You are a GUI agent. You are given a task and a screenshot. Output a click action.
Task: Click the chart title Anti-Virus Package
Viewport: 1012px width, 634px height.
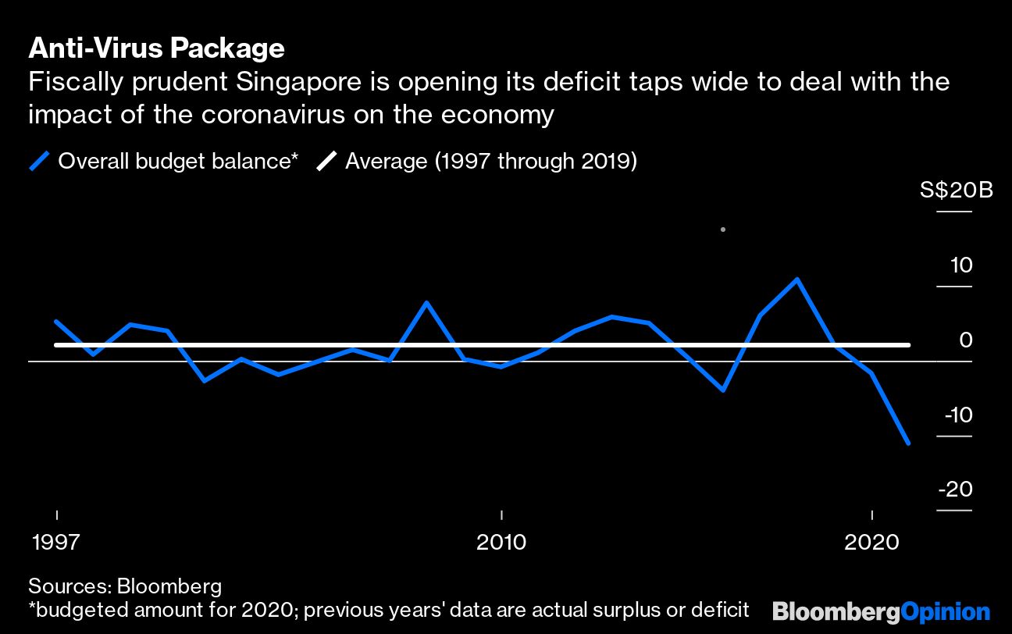[x=156, y=48]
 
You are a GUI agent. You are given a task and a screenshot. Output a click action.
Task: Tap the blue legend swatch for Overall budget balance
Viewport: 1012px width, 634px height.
[x=40, y=162]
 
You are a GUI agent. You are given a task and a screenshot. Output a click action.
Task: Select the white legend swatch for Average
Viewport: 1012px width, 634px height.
[x=326, y=162]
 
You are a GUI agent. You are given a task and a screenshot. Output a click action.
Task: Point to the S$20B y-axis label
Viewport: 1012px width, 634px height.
[x=956, y=191]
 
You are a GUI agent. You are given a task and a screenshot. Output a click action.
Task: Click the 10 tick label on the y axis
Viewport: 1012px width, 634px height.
[x=961, y=266]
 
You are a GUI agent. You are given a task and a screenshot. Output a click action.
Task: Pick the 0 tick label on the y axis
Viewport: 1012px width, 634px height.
[x=966, y=340]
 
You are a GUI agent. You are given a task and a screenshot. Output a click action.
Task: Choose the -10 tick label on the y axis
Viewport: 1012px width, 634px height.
[x=958, y=415]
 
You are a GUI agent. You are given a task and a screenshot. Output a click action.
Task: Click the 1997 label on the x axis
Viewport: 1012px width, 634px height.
[x=56, y=542]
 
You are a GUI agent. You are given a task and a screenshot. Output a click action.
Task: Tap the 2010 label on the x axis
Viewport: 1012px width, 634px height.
[x=501, y=542]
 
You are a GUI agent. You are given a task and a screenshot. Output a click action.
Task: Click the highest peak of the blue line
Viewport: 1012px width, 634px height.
[x=796, y=279]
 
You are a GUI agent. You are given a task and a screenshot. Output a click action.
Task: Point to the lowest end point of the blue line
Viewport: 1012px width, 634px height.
[x=908, y=443]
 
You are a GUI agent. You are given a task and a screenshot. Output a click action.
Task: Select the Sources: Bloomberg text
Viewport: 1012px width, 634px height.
[x=125, y=586]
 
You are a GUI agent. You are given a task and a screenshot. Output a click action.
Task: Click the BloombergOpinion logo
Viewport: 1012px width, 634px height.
[x=881, y=611]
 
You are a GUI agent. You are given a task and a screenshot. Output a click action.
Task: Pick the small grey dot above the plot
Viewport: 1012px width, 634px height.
[x=723, y=230]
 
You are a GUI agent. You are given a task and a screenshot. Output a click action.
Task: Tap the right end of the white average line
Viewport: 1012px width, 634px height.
[x=909, y=344]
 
